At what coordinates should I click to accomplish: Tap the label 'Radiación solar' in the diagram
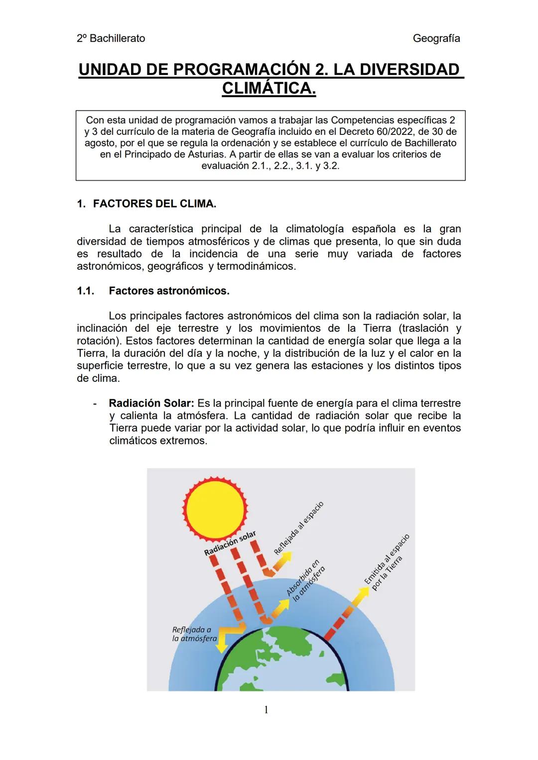(230, 543)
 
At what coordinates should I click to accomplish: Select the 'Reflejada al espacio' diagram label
(299, 528)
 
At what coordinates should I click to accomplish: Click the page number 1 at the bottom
(266, 710)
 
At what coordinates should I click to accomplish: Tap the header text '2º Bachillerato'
(111, 38)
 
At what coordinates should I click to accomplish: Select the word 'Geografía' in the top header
(436, 38)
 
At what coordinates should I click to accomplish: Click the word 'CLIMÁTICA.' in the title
(269, 89)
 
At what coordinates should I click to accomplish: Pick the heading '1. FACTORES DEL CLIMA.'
(147, 204)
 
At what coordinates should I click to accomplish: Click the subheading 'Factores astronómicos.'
(169, 291)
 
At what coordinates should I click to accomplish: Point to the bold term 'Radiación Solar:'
(152, 403)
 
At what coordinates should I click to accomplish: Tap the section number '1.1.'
(86, 291)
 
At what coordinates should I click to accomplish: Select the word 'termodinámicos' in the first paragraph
(256, 266)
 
